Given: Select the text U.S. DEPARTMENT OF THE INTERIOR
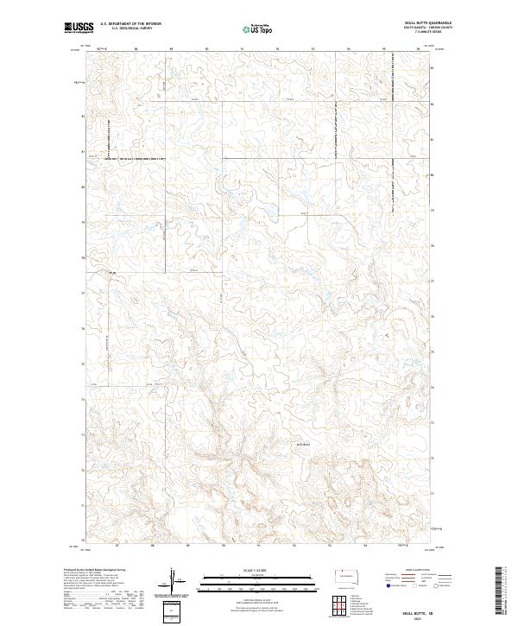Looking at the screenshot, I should coord(130,24).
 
